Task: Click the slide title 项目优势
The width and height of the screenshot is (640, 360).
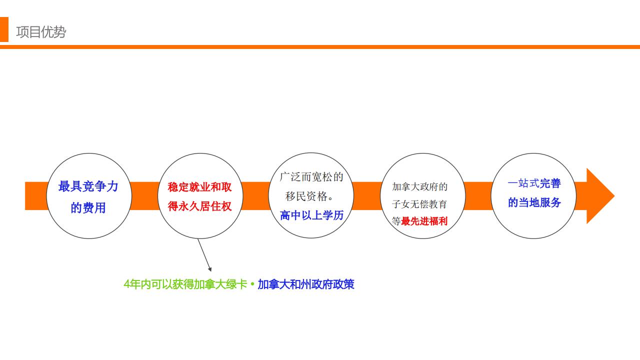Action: click(x=41, y=31)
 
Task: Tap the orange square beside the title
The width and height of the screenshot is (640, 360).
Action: click(x=4, y=29)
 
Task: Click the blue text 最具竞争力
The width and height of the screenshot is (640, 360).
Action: click(x=88, y=186)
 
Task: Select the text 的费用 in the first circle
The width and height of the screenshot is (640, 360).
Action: click(x=88, y=207)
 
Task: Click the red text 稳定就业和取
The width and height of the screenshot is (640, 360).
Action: click(x=199, y=187)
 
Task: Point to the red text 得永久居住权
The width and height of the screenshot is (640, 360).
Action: click(x=199, y=206)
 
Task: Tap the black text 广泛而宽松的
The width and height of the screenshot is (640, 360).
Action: click(x=311, y=177)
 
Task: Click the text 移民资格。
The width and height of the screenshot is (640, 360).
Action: click(x=309, y=196)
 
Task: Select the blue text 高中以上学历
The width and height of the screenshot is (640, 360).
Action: click(x=311, y=215)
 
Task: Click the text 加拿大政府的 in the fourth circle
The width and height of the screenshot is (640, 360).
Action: click(x=419, y=187)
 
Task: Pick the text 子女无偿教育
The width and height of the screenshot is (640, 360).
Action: click(x=419, y=204)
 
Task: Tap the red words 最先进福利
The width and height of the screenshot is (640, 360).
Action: click(x=424, y=221)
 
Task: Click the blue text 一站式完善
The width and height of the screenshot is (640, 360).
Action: click(x=534, y=183)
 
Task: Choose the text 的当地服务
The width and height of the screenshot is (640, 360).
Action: click(x=534, y=202)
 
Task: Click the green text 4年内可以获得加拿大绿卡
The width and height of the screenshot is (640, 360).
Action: click(x=185, y=284)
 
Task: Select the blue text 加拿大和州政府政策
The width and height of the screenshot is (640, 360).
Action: click(x=306, y=284)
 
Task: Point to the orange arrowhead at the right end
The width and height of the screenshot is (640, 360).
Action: click(x=600, y=196)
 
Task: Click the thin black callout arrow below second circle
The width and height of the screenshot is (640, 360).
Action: click(x=204, y=255)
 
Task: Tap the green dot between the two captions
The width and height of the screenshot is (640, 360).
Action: click(x=252, y=284)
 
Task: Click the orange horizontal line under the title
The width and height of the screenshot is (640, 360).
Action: click(x=320, y=47)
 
